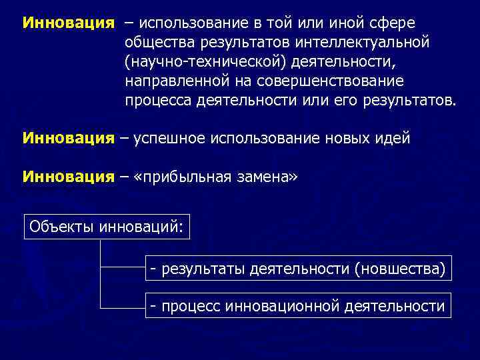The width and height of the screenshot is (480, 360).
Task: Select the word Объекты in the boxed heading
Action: (61, 227)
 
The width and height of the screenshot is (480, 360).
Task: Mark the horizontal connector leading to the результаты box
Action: (123, 269)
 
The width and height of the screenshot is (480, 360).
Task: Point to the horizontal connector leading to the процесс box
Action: (123, 307)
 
